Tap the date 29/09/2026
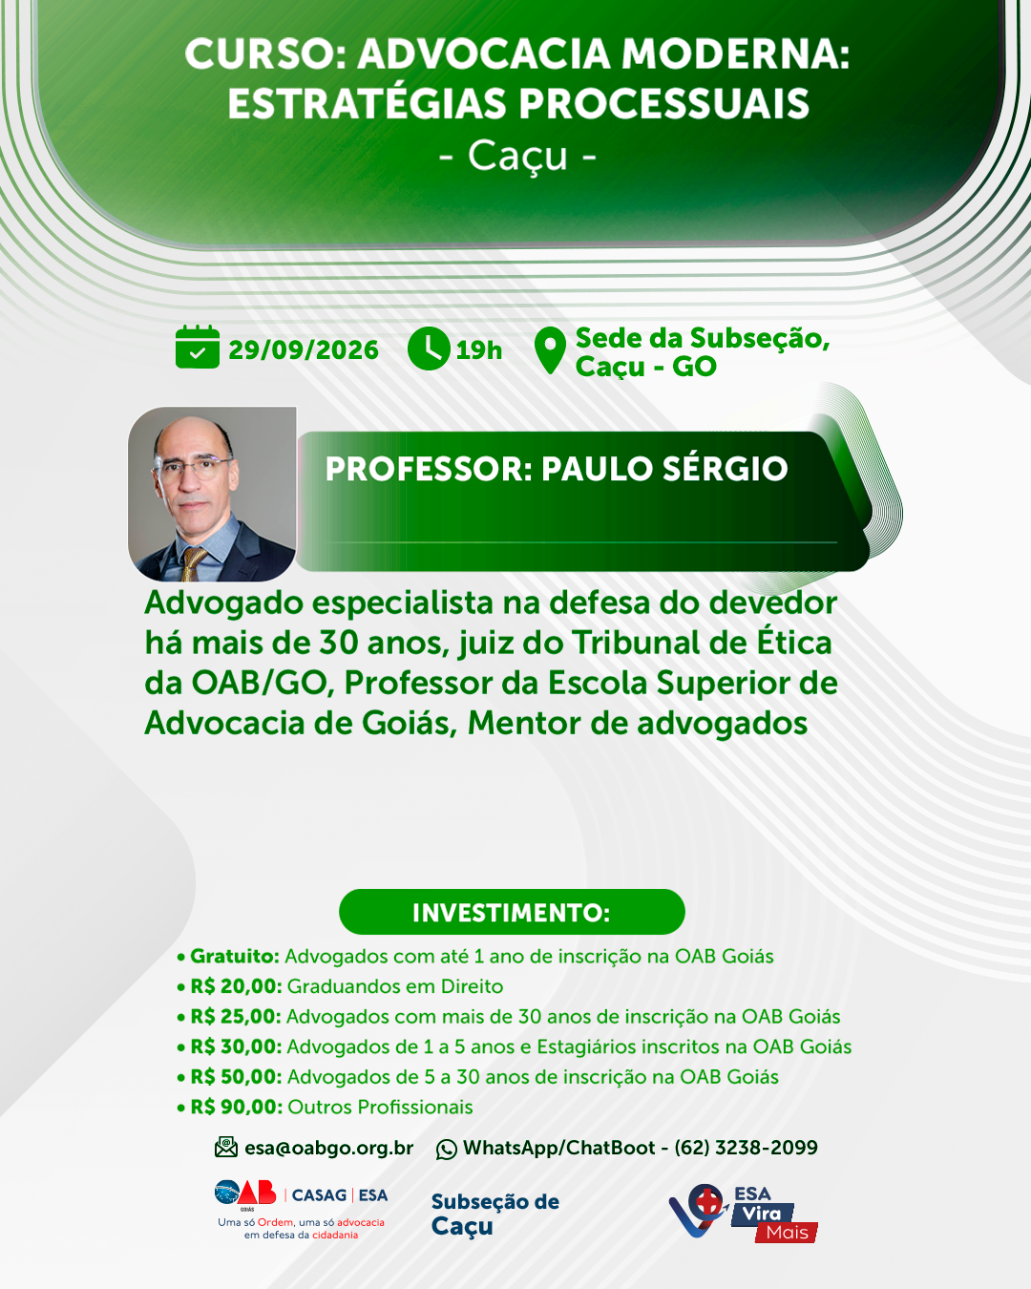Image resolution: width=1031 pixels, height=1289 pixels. pos(304,350)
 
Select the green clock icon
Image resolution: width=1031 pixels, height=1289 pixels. pos(429,349)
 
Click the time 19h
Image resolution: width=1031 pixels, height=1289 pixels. pos(478,350)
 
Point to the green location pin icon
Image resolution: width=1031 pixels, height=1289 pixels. pos(550,349)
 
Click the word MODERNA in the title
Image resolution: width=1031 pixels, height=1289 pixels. pos(735,53)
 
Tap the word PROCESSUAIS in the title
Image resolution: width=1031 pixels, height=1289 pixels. pos(663,103)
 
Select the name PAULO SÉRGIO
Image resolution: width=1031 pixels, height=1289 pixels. pos(664,469)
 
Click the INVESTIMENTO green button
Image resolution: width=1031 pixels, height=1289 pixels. pos(512,912)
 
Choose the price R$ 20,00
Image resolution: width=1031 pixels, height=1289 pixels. pos(236,986)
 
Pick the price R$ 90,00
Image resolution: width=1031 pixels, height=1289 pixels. pos(236,1107)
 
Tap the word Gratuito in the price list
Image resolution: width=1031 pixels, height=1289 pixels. pos(235,956)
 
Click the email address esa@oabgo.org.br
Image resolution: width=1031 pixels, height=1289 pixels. pos(329,1149)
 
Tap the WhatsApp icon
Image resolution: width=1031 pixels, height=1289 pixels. pos(447,1150)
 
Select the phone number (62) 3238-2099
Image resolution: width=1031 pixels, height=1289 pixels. pos(746,1148)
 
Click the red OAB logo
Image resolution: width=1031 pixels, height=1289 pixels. pos(257,1193)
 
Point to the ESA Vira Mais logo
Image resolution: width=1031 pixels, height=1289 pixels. pos(743,1212)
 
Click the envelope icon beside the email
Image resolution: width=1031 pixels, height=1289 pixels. pos(226,1148)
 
